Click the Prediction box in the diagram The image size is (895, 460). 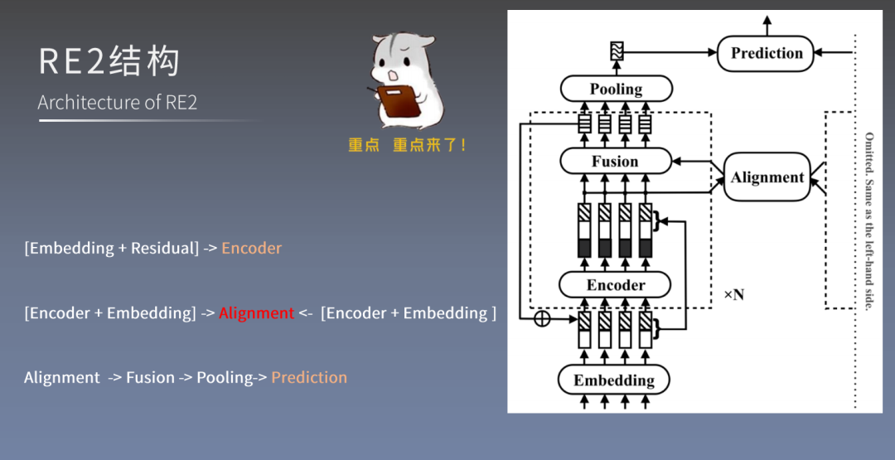[767, 53]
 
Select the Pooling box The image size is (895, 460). [616, 89]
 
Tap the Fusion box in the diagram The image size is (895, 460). [615, 161]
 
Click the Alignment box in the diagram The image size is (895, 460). [767, 177]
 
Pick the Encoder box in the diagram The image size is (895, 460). [615, 284]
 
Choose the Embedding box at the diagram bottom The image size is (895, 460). [614, 380]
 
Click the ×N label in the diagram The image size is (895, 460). [733, 294]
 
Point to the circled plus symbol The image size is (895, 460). [542, 319]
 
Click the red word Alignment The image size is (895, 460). [256, 313]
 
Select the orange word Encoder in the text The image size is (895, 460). [251, 249]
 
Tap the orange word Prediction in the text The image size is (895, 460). [309, 378]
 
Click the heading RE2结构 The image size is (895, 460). [109, 62]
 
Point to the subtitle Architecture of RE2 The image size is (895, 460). [117, 103]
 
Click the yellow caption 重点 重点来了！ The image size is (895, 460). [407, 145]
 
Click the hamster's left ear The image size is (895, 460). [384, 41]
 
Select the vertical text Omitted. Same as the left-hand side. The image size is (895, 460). [868, 221]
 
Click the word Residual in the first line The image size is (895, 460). [162, 249]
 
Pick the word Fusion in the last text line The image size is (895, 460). [150, 378]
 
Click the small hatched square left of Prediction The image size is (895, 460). [616, 51]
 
